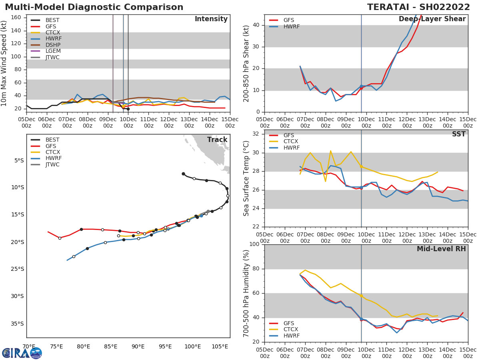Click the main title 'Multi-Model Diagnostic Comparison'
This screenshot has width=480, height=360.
(94, 7)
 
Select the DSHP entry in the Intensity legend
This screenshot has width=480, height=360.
(52, 45)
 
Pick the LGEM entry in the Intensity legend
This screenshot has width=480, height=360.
(53, 51)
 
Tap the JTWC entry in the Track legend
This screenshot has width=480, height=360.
(52, 164)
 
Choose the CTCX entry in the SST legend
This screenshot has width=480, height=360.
(291, 142)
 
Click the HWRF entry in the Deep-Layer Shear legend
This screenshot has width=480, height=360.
(291, 26)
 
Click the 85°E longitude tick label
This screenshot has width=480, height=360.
(111, 346)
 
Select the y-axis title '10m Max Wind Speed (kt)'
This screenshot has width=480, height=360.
(4, 63)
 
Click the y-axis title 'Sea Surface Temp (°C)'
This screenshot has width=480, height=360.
(246, 178)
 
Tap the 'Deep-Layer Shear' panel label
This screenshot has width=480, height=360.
(432, 19)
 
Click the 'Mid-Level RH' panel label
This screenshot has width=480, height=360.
(441, 249)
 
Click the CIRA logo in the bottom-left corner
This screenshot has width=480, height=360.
(22, 353)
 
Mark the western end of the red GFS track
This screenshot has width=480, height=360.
(48, 232)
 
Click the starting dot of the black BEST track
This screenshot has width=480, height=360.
(183, 174)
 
